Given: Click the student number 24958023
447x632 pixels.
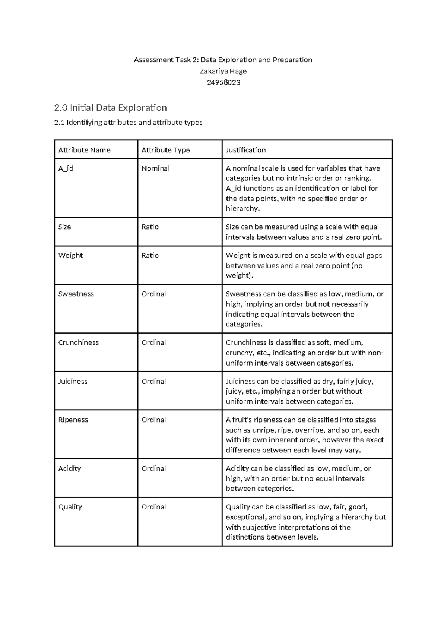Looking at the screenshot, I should point(223,83).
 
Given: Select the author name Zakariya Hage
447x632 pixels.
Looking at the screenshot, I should point(223,71).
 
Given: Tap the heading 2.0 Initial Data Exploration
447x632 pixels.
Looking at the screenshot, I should point(110,108).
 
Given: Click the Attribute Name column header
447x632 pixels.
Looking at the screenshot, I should point(84,150).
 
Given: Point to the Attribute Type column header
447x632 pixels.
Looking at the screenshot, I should point(165,150).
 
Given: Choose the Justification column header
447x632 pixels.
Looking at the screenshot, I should point(245,150).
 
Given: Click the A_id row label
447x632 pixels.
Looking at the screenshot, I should point(66,168).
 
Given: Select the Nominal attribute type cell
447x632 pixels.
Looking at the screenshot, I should point(155,168).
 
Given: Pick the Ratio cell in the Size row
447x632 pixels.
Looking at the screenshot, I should point(150,227).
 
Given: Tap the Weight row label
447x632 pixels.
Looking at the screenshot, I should point(70,256).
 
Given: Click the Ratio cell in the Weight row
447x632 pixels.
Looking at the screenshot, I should point(150,256).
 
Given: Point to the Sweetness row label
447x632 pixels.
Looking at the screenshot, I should point(76,294).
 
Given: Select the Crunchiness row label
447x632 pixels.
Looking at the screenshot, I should point(78,342).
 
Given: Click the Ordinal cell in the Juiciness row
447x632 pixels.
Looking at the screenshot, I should point(153,381).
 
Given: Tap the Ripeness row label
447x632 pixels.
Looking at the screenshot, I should point(73,420).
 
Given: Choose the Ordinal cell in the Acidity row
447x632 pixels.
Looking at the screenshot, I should point(153,468).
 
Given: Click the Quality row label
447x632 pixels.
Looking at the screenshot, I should point(70,507).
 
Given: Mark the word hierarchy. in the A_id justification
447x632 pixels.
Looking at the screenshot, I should point(242,209).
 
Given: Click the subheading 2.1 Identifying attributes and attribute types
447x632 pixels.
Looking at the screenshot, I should point(128,123).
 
